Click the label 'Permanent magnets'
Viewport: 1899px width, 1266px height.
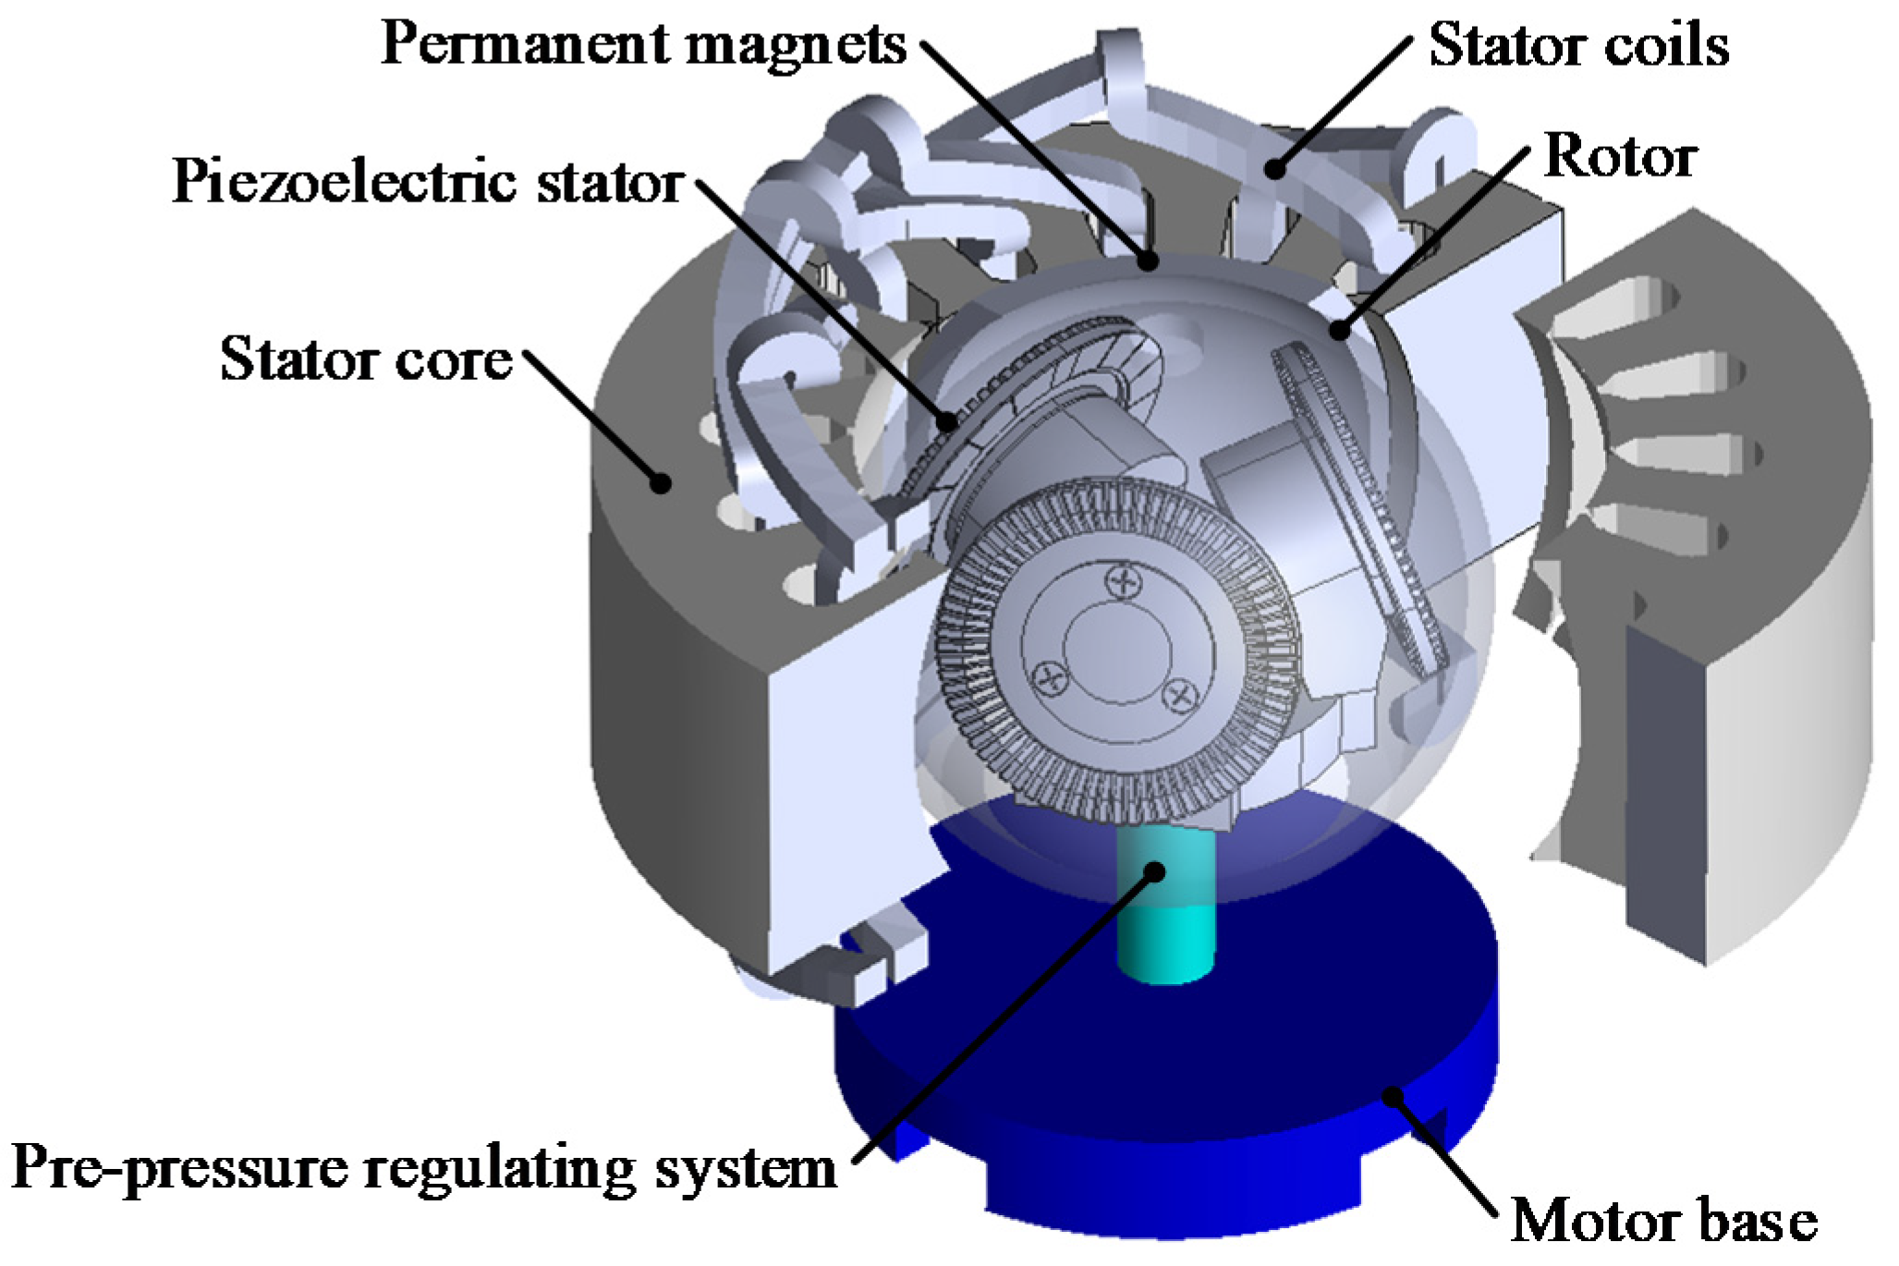coord(643,44)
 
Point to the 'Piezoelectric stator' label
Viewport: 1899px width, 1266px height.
coord(428,181)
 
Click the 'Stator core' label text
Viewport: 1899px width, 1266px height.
coord(366,359)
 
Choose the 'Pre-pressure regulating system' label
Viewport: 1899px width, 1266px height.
coord(424,1167)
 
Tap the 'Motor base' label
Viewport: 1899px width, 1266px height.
coord(1663,1220)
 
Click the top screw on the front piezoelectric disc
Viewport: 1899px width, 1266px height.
coord(1124,581)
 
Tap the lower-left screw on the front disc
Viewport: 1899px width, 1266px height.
coord(1051,679)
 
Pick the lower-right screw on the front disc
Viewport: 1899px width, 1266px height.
coord(1180,694)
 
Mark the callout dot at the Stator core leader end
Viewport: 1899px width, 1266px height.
coord(660,481)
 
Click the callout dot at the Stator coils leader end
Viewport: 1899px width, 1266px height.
coord(1275,168)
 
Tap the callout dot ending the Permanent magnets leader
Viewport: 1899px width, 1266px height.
coord(1149,261)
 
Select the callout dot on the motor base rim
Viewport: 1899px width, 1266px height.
coord(1393,1096)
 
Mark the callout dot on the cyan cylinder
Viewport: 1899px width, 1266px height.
coord(1155,870)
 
